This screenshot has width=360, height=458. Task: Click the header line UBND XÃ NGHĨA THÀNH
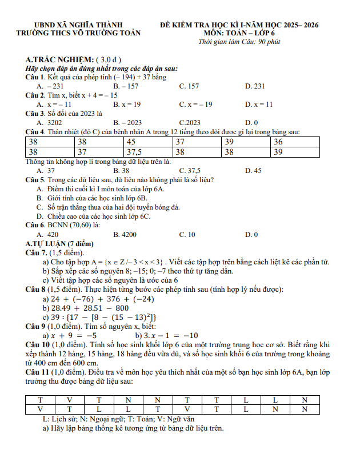[x=79, y=25]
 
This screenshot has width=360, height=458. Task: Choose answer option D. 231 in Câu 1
[x=255, y=86]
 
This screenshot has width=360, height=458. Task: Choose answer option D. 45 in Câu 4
[x=253, y=170]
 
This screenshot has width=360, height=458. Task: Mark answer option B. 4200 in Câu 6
[x=125, y=234]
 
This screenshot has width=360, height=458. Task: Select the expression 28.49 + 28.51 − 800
[x=86, y=308]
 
